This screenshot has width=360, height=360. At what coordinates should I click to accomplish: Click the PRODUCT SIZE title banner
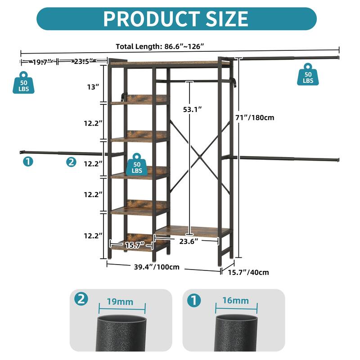[176, 18]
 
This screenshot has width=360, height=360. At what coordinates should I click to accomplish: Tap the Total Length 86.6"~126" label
[160, 47]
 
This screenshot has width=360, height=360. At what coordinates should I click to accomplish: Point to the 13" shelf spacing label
[93, 87]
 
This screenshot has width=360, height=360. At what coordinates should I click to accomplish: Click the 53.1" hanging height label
[193, 109]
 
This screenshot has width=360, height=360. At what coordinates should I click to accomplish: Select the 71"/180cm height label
[255, 117]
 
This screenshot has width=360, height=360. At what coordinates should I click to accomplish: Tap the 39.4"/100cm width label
[157, 267]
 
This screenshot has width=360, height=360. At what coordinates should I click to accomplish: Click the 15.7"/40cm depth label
[248, 272]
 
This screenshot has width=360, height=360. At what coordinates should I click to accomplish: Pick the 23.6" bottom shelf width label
[189, 241]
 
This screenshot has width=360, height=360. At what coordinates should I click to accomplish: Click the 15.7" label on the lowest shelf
[135, 245]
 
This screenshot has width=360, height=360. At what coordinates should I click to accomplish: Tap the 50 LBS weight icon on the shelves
[137, 165]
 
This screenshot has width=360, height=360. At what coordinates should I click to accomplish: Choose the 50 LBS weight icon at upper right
[308, 74]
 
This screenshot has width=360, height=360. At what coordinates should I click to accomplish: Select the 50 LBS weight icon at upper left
[23, 83]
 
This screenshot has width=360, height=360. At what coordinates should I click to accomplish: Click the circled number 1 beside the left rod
[28, 162]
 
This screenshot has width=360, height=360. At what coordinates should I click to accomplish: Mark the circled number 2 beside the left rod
[71, 162]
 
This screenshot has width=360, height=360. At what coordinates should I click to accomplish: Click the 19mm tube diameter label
[120, 302]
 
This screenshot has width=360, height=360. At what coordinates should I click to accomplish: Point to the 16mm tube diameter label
[235, 301]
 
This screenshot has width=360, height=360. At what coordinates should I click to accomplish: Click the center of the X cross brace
[199, 157]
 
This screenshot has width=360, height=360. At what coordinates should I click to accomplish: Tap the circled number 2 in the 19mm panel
[81, 299]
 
